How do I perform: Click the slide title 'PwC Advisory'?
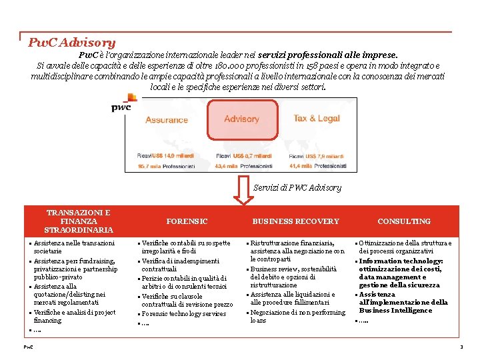pos(72,43)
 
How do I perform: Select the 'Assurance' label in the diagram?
pos(166,120)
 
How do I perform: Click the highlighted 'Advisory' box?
pos(241,119)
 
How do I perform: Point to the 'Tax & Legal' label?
pos(317,119)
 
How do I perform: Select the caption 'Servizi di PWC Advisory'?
pos(297,188)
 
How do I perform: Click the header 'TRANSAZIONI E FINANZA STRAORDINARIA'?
pos(79,221)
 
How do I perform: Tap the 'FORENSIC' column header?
pos(187,221)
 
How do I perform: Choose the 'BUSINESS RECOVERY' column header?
pos(295,221)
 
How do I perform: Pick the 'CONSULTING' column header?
pos(404,221)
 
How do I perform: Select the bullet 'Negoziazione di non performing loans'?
pos(297,316)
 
